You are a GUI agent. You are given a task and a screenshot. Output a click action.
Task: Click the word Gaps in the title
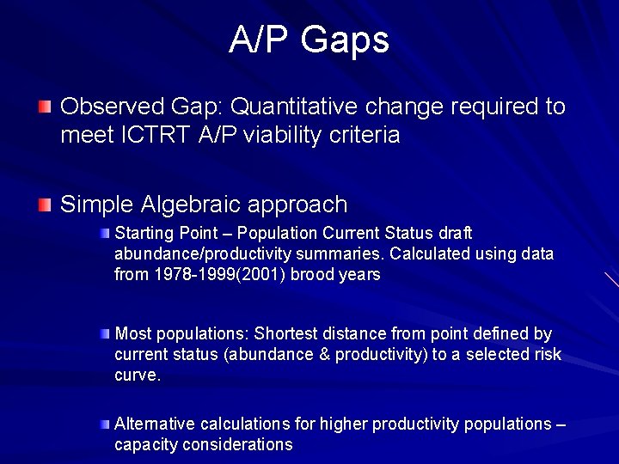(346, 40)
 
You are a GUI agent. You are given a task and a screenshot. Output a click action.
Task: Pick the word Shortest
(286, 333)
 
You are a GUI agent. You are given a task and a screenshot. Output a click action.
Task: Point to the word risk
(545, 354)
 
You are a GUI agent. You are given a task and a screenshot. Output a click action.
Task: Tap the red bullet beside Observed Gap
(45, 107)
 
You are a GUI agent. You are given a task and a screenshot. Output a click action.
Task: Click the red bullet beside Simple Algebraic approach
(45, 205)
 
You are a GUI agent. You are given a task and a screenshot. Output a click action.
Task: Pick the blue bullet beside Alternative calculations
(104, 424)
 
